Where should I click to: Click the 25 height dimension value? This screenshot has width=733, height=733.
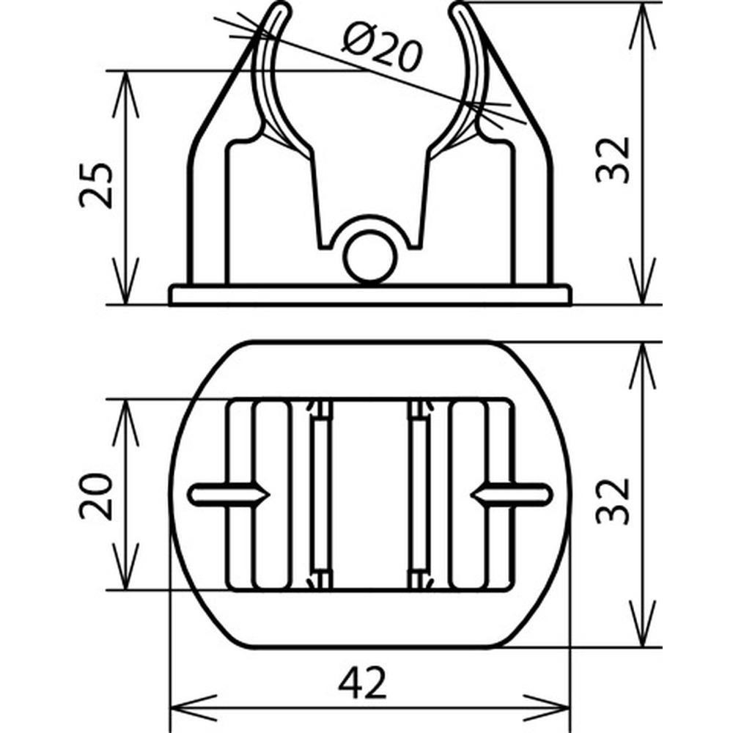pos(96,185)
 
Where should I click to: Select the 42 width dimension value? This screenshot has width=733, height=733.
pos(363,682)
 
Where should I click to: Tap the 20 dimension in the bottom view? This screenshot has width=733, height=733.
pos(96,496)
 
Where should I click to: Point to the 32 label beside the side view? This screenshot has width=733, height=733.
pos(613,160)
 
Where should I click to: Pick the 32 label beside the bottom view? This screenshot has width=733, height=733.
pos(613,501)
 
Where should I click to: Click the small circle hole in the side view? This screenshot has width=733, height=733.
pos(369,257)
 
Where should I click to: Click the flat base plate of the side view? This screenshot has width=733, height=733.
pos(369,295)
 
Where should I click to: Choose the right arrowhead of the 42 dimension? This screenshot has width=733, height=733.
pos(547,708)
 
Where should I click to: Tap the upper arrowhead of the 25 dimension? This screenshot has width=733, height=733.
pos(126,95)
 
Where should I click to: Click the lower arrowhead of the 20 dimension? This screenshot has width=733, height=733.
pos(126,566)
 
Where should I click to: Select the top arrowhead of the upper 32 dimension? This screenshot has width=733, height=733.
pos(644,26)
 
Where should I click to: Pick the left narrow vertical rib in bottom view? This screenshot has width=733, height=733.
pos(321,495)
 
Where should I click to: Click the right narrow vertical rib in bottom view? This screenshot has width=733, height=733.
pos(419,495)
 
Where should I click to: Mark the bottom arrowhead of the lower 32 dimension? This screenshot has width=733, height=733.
pos(644,624)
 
